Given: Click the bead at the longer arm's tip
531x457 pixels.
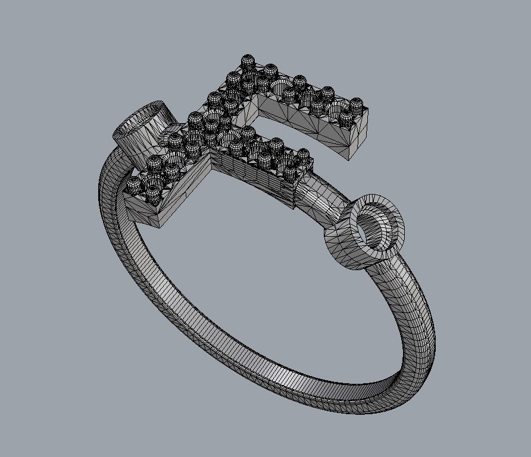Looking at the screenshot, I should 356,104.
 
